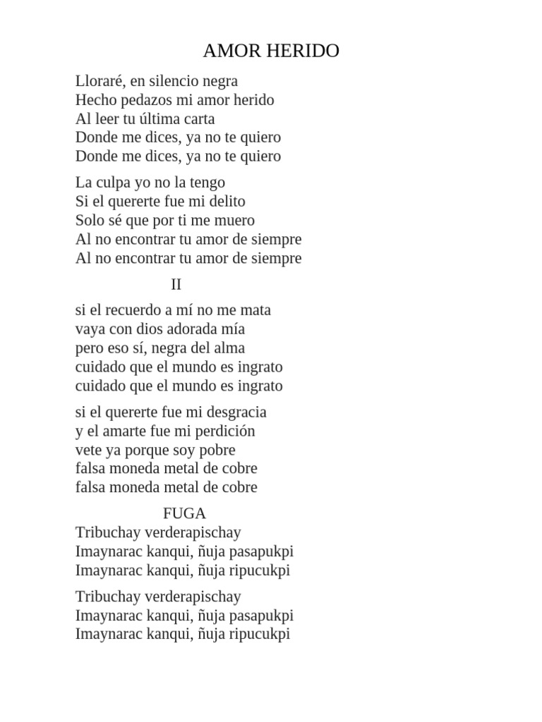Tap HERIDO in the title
(305, 51)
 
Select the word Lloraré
(101, 81)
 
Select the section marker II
(176, 285)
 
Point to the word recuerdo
(133, 310)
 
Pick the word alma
(227, 348)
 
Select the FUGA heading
(184, 513)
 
